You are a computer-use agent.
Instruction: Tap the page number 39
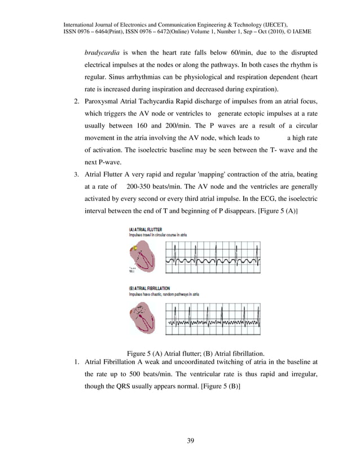click(x=191, y=441)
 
